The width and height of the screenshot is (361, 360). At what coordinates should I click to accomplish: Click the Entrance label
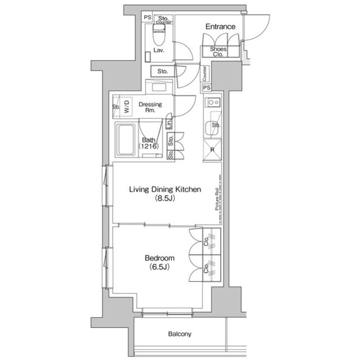pyautogui.click(x=219, y=26)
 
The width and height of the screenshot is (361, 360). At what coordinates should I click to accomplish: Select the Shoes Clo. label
pyautogui.click(x=218, y=52)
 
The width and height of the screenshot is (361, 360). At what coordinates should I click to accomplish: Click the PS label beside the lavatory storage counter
pyautogui.click(x=147, y=17)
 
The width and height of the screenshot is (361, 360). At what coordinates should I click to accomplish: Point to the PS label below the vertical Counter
pyautogui.click(x=206, y=88)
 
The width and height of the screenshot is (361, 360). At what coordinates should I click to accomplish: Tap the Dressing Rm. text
pyautogui.click(x=150, y=108)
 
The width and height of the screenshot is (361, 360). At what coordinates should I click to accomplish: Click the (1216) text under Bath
pyautogui.click(x=149, y=146)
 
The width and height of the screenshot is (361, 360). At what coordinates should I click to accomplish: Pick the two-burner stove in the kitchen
pyautogui.click(x=213, y=103)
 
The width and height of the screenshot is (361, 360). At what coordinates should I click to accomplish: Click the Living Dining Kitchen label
pyautogui.click(x=165, y=190)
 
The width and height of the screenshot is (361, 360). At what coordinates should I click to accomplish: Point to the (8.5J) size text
pyautogui.click(x=164, y=199)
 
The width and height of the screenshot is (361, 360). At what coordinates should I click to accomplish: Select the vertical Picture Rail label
pyautogui.click(x=217, y=199)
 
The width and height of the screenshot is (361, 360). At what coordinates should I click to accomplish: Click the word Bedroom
pyautogui.click(x=160, y=258)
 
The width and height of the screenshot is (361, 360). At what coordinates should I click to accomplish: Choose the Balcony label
pyautogui.click(x=179, y=334)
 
